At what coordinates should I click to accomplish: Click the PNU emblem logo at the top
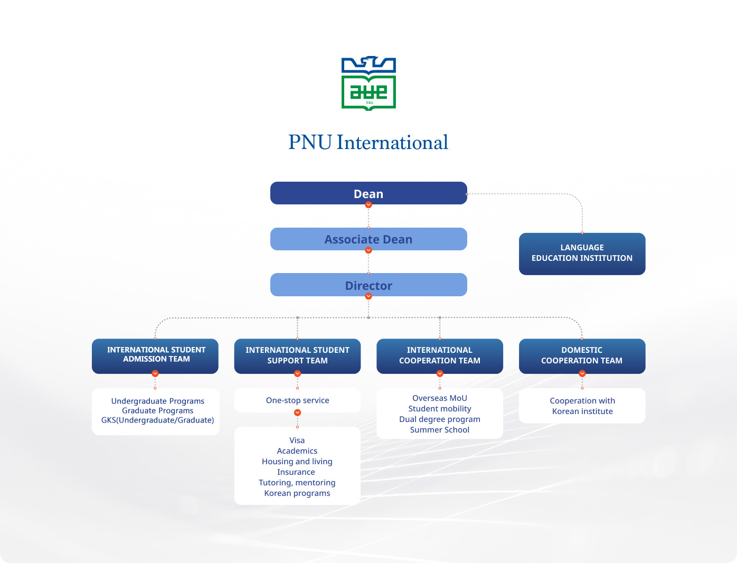[x=368, y=83]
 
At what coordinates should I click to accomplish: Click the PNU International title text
[x=368, y=143]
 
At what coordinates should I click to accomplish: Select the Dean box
[x=368, y=193]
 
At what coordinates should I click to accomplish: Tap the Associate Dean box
[x=368, y=239]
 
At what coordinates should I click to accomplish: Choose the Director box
[x=368, y=285]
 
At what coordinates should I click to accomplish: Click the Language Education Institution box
[x=582, y=254]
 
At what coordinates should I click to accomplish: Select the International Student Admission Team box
[x=155, y=355]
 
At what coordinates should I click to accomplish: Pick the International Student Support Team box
[x=297, y=355]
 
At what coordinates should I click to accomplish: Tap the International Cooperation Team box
[x=440, y=355]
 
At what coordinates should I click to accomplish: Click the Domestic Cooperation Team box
[x=582, y=355]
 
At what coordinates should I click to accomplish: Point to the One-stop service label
[x=297, y=400]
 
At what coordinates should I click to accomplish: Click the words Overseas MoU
[x=440, y=398]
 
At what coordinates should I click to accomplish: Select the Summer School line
[x=440, y=430]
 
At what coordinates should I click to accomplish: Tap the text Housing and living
[x=297, y=462]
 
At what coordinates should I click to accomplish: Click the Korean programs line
[x=297, y=493]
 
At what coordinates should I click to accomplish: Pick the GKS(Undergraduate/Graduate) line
[x=157, y=420]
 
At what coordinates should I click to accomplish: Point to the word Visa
[x=297, y=440]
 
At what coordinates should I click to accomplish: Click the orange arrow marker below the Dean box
[x=368, y=205]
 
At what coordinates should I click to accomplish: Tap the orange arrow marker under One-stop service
[x=297, y=412]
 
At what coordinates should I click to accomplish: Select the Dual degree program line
[x=440, y=419]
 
